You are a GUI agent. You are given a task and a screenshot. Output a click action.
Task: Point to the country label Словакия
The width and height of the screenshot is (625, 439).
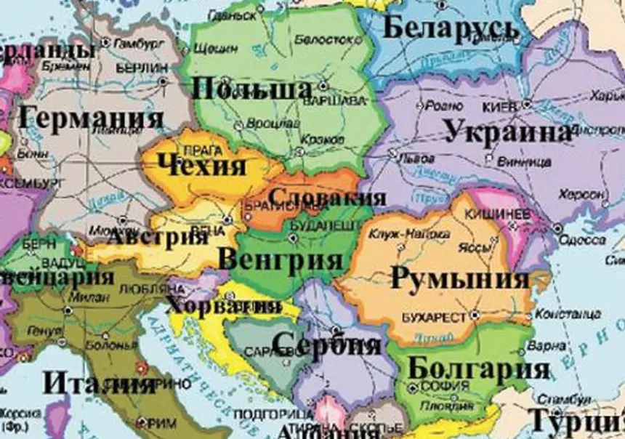tap(326, 198)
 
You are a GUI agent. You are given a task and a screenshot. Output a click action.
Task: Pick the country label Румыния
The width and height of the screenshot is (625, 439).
tap(459, 278)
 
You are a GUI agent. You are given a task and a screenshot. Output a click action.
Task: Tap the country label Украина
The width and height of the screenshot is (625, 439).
tap(507, 133)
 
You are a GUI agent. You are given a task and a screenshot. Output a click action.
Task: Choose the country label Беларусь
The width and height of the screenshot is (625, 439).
tap(450, 29)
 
